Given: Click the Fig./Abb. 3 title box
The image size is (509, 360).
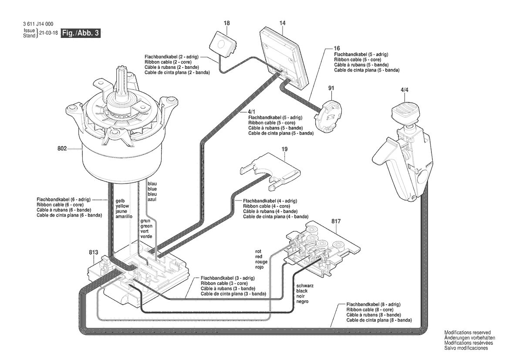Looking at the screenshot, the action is (81, 33).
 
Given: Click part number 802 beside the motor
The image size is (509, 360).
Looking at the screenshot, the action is (62, 149).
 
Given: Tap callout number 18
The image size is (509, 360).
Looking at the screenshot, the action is (226, 23).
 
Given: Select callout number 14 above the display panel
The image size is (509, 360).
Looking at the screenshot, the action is (283, 23).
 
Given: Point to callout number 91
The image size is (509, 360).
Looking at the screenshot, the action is (331, 88).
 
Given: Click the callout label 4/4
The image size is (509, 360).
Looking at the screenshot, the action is (405, 90).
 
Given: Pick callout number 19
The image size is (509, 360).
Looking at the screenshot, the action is (285, 149).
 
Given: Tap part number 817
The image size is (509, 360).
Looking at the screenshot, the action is (336, 221).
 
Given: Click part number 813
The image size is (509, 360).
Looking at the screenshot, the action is (93, 252).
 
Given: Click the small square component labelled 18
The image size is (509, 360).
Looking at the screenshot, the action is (222, 44).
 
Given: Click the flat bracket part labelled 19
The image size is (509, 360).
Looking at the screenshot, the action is (270, 170).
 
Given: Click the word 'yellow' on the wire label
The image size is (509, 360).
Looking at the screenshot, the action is (122, 206).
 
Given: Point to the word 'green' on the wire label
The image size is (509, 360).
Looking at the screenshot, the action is (146, 226).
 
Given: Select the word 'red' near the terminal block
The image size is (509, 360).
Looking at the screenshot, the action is (258, 257).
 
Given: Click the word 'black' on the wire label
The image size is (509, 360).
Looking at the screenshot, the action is (302, 291).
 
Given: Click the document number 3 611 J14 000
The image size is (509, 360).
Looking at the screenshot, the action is (38, 24).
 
